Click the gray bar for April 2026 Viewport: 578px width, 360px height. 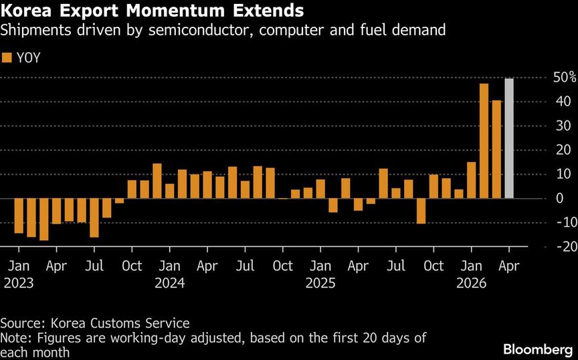pyautogui.click(x=509, y=139)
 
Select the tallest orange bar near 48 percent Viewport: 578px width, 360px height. pyautogui.click(x=484, y=141)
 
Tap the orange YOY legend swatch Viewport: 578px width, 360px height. pyautogui.click(x=7, y=58)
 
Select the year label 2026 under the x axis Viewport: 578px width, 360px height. pyautogui.click(x=472, y=282)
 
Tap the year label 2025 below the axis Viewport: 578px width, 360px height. pyautogui.click(x=321, y=282)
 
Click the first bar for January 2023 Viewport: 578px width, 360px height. pyautogui.click(x=18, y=215)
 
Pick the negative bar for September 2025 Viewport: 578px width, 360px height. pyautogui.click(x=421, y=211)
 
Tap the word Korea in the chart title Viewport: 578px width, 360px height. pyautogui.click(x=26, y=11)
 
